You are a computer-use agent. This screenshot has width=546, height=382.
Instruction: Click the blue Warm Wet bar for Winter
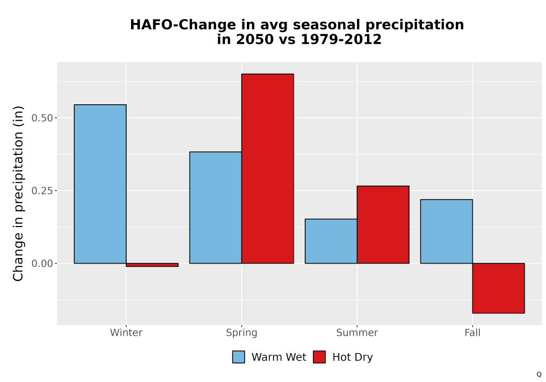(x=100, y=184)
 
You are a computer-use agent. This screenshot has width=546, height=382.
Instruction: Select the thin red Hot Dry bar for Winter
(x=152, y=265)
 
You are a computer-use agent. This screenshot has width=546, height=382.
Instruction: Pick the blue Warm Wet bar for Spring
(x=216, y=207)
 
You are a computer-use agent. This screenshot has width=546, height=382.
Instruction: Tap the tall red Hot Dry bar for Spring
(x=268, y=169)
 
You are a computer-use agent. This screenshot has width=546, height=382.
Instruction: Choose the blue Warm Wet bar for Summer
(x=331, y=241)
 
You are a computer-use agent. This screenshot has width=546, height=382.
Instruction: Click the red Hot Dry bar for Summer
(x=383, y=224)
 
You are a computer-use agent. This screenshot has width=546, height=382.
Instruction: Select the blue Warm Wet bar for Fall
(x=447, y=231)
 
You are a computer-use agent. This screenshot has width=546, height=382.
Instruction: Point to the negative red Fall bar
(x=498, y=288)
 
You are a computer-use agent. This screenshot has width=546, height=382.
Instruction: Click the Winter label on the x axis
(x=126, y=332)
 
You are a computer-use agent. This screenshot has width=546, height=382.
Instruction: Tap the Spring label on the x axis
(x=242, y=333)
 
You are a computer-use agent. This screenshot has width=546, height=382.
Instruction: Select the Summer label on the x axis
(x=357, y=332)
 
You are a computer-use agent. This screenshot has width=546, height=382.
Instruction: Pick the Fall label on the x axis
(x=472, y=332)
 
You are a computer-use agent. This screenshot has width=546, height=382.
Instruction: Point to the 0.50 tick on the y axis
(x=43, y=118)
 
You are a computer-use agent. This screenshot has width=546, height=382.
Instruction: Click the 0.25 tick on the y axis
(x=43, y=190)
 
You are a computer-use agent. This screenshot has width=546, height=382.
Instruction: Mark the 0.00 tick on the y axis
(x=43, y=264)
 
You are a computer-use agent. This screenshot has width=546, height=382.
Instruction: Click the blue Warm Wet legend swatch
(x=239, y=357)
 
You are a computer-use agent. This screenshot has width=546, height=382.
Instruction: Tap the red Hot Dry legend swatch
(x=319, y=357)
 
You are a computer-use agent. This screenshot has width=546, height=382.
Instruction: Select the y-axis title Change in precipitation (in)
(x=18, y=193)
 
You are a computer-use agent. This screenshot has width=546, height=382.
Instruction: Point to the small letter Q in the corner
(x=539, y=374)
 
